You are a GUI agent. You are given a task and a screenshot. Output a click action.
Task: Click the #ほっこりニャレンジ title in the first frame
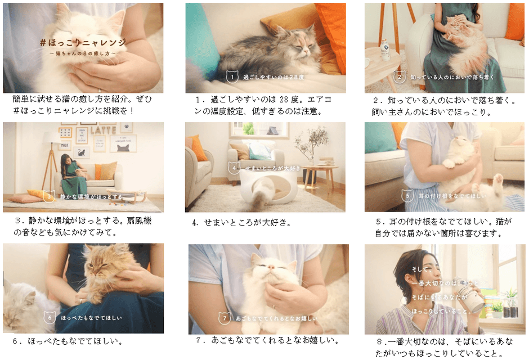(83, 42)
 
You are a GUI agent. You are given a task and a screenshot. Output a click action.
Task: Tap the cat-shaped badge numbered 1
(230, 76)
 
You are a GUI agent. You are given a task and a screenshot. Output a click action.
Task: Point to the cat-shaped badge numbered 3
(49, 196)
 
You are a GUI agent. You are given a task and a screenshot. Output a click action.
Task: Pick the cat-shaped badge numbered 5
(407, 195)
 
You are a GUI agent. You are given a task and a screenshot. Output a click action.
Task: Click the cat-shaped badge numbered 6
(50, 317)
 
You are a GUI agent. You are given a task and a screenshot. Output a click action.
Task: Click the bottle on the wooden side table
(385, 51)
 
